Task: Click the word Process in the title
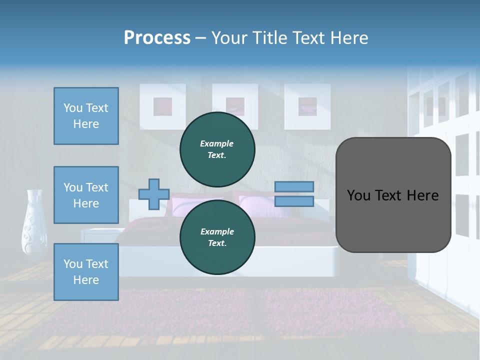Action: pyautogui.click(x=157, y=38)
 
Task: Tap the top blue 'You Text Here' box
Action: pyautogui.click(x=86, y=116)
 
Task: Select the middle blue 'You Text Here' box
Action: pyautogui.click(x=86, y=195)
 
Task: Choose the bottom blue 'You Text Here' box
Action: pyautogui.click(x=86, y=272)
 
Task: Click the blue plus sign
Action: pyautogui.click(x=154, y=194)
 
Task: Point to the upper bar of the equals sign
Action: pyautogui.click(x=294, y=186)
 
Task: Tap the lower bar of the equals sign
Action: pyautogui.click(x=294, y=201)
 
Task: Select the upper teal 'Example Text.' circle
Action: pyautogui.click(x=217, y=149)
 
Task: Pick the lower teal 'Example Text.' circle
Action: pyautogui.click(x=217, y=237)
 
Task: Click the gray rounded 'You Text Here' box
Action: pyautogui.click(x=393, y=195)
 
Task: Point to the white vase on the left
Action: pyautogui.click(x=34, y=222)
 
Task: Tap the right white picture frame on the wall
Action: pyautogui.click(x=307, y=106)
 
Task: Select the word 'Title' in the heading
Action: pyautogui.click(x=270, y=38)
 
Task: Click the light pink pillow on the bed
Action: pyautogui.click(x=260, y=205)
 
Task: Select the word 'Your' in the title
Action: pyautogui.click(x=229, y=38)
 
